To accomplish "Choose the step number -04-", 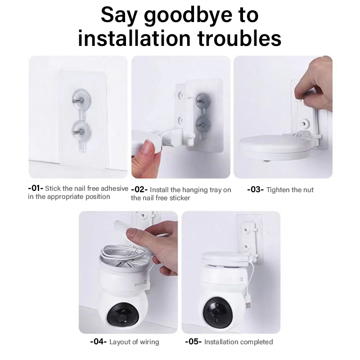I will point(98,342).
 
